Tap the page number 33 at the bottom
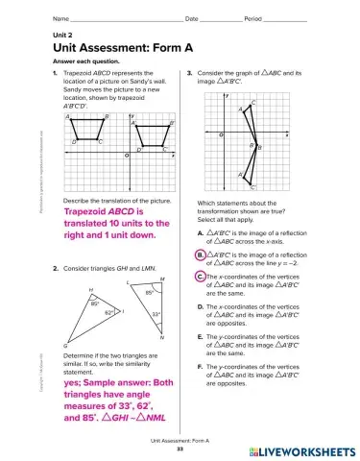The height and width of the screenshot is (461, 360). [180, 449]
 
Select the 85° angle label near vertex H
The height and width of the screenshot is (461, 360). [95, 303]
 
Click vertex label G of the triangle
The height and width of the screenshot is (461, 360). [65, 345]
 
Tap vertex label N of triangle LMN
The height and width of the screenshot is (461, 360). [162, 338]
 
